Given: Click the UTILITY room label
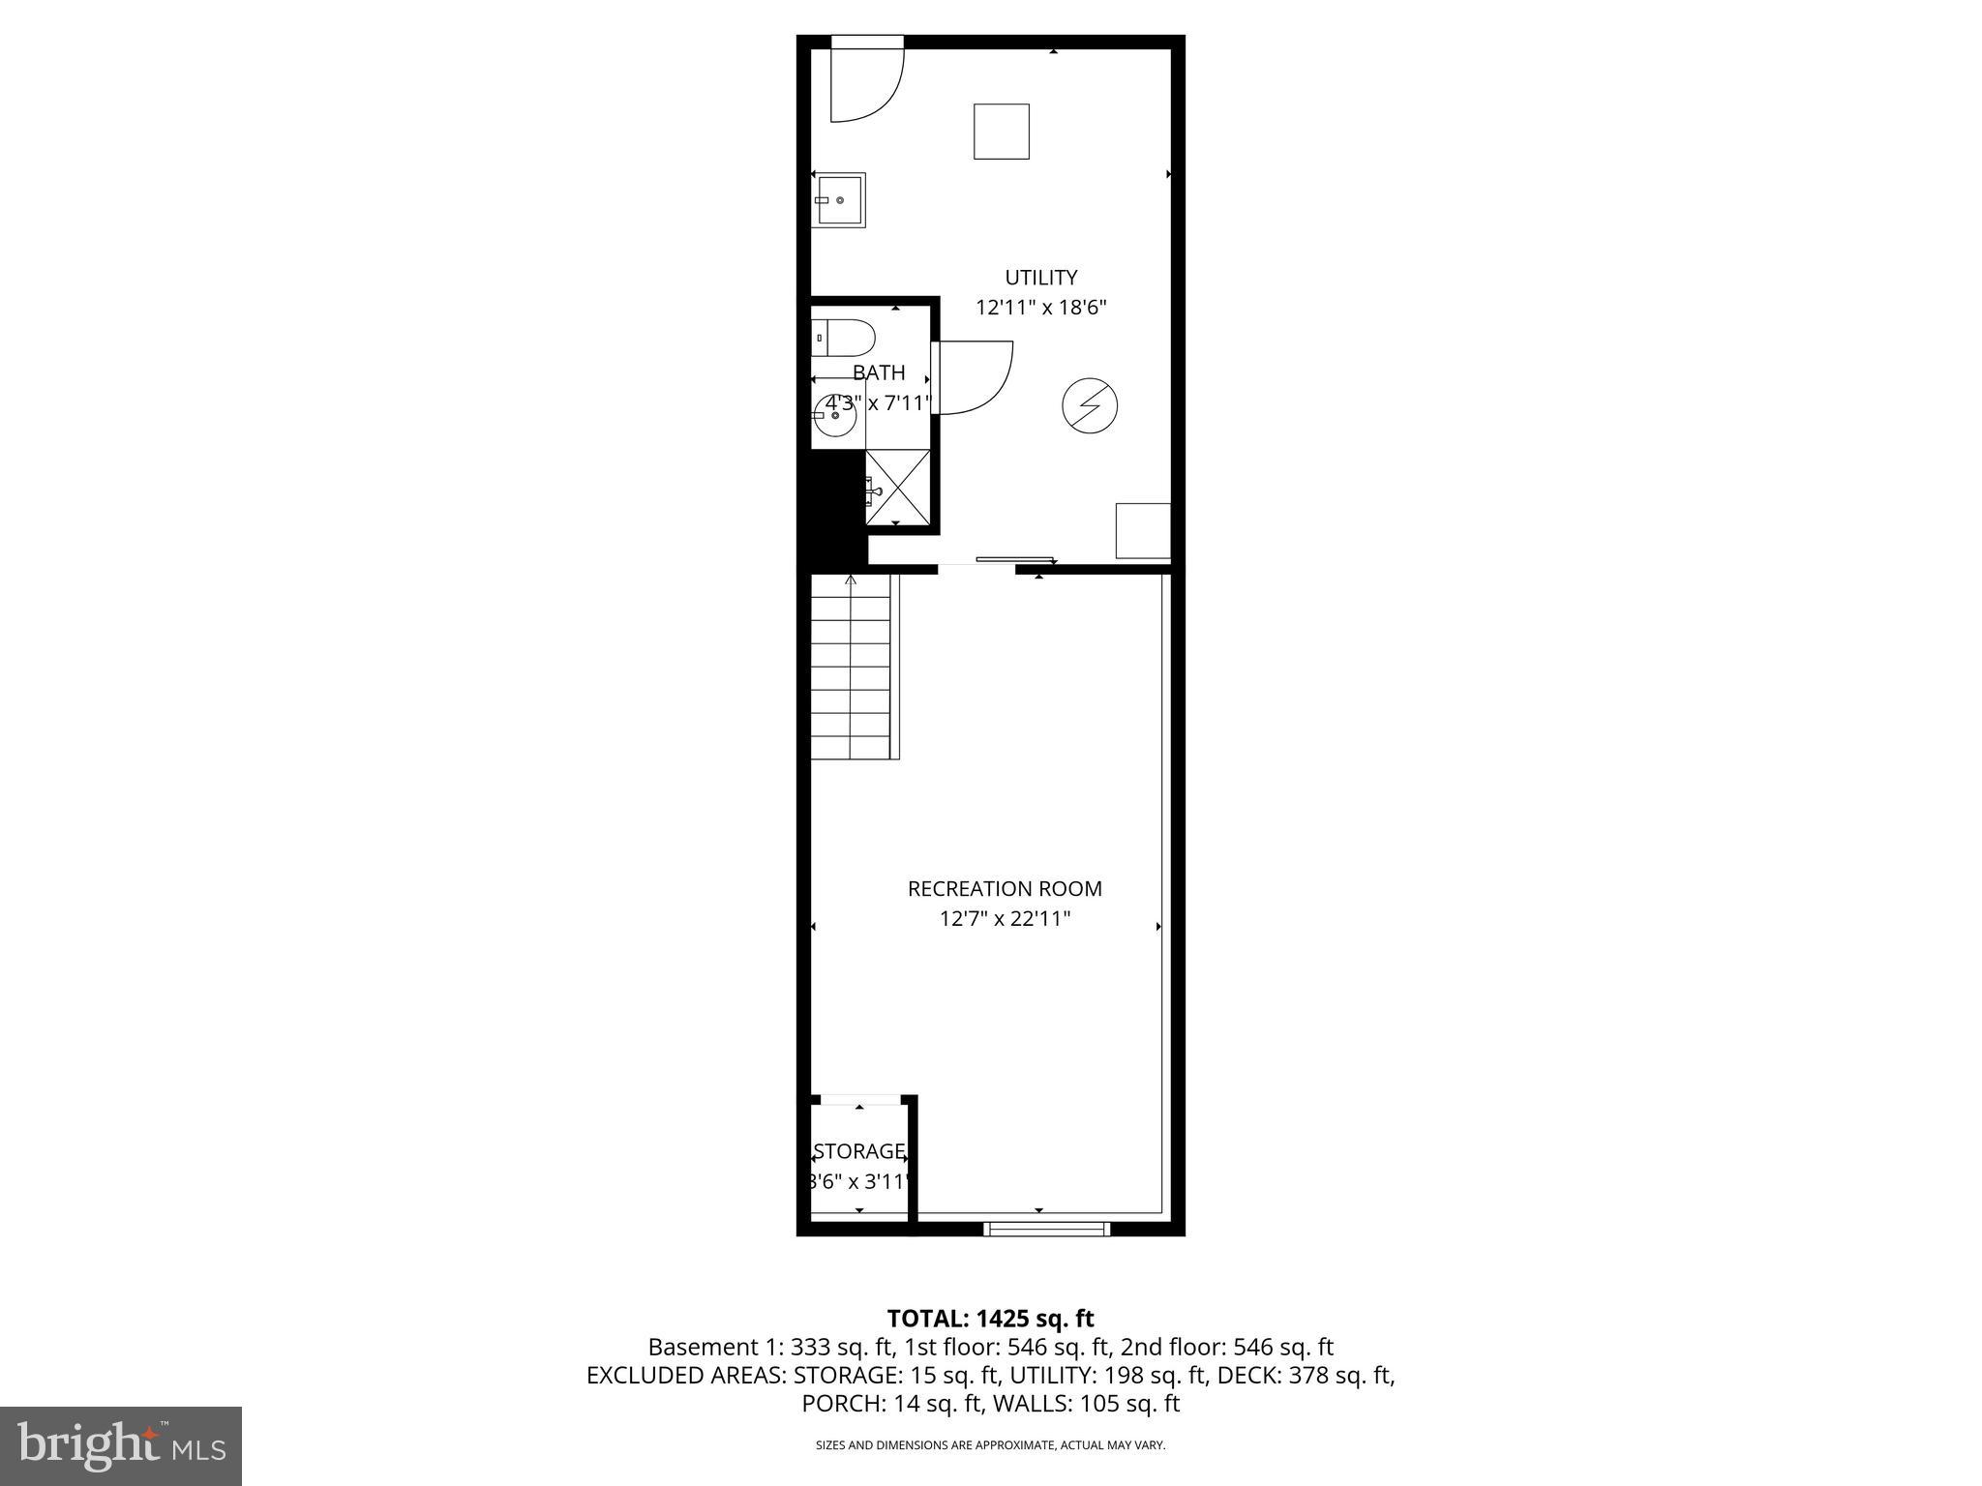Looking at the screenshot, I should click(1040, 278).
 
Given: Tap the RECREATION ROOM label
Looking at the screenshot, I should click(1005, 888).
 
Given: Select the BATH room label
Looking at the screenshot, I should click(879, 372).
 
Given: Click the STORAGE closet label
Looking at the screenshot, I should click(859, 1151).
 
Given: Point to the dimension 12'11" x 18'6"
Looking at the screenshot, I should click(1040, 308).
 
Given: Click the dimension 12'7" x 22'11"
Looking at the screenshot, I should click(1005, 918).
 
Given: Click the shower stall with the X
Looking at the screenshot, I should click(897, 487).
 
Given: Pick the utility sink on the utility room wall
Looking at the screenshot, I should click(839, 200).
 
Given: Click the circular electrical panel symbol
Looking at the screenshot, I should click(1090, 406).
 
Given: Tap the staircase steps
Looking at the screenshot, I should click(850, 668).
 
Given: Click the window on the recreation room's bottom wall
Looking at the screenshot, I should click(1046, 1229).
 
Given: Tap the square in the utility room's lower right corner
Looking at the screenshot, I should click(1143, 530).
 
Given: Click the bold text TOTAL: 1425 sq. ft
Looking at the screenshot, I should click(990, 1318).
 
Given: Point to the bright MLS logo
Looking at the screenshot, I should click(120, 1446).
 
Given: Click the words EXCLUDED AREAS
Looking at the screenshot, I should click(686, 1375).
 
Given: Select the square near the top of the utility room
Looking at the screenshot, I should click(1001, 131).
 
